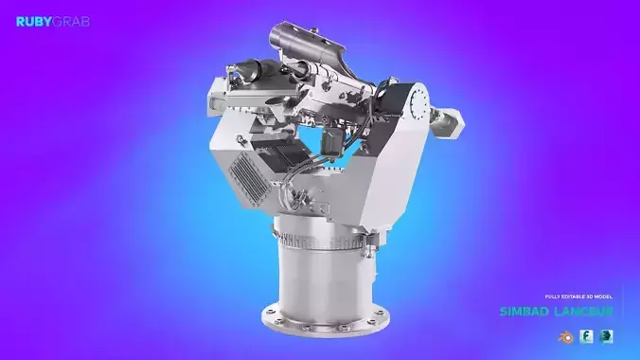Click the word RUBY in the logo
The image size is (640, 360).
(x=33, y=21)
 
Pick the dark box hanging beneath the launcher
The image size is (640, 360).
(x=332, y=140)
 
